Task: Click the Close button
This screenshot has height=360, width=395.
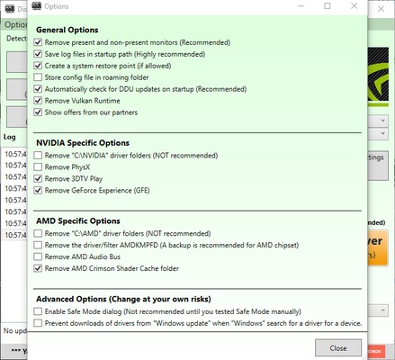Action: [338, 347]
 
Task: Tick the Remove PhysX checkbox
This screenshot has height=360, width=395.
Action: [38, 166]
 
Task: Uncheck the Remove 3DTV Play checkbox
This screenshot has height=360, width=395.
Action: [38, 178]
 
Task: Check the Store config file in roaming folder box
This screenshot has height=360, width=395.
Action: [38, 76]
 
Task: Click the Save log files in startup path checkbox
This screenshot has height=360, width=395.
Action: [38, 53]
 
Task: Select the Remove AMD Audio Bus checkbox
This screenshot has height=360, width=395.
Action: [38, 256]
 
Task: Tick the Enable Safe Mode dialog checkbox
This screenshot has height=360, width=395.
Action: [38, 310]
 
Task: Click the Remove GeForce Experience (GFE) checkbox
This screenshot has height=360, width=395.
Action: [38, 190]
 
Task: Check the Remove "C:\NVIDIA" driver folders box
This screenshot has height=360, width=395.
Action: [38, 155]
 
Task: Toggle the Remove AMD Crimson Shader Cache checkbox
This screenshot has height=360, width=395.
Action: [38, 268]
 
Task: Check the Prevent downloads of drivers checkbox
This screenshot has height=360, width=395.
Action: [38, 322]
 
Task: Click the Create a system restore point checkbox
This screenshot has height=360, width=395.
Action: [38, 65]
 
